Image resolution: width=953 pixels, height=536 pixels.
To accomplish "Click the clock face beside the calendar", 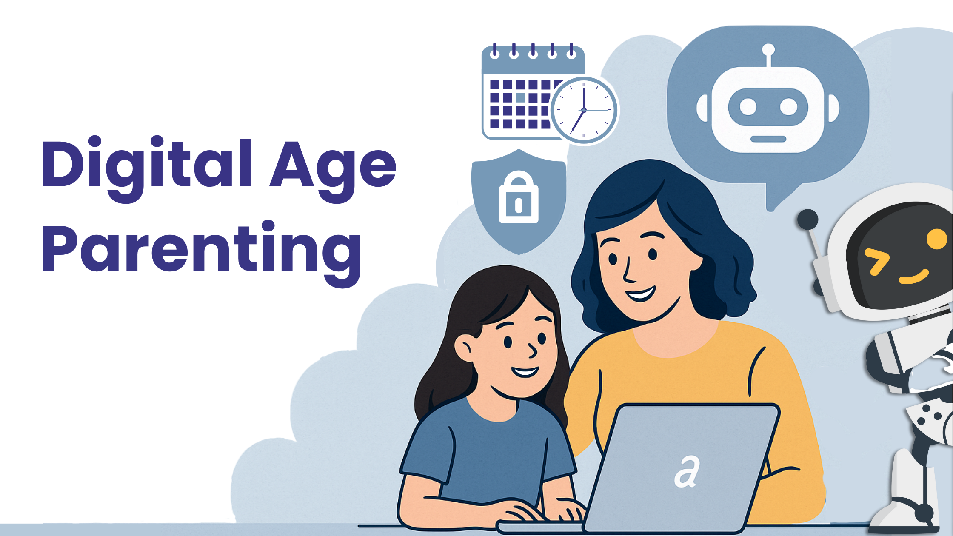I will pyautogui.click(x=584, y=110).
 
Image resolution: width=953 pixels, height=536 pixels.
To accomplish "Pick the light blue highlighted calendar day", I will pyautogui.click(x=520, y=97).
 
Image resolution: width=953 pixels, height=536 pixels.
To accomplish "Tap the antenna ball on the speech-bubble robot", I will pyautogui.click(x=768, y=49).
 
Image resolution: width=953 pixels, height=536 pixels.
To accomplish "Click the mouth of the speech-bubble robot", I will pyautogui.click(x=768, y=139).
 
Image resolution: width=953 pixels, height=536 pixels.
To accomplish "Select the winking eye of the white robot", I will pyautogui.click(x=876, y=260).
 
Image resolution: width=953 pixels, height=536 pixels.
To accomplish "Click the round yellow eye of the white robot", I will pyautogui.click(x=936, y=239).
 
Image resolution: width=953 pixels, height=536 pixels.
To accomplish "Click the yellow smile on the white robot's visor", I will pyautogui.click(x=914, y=277).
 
